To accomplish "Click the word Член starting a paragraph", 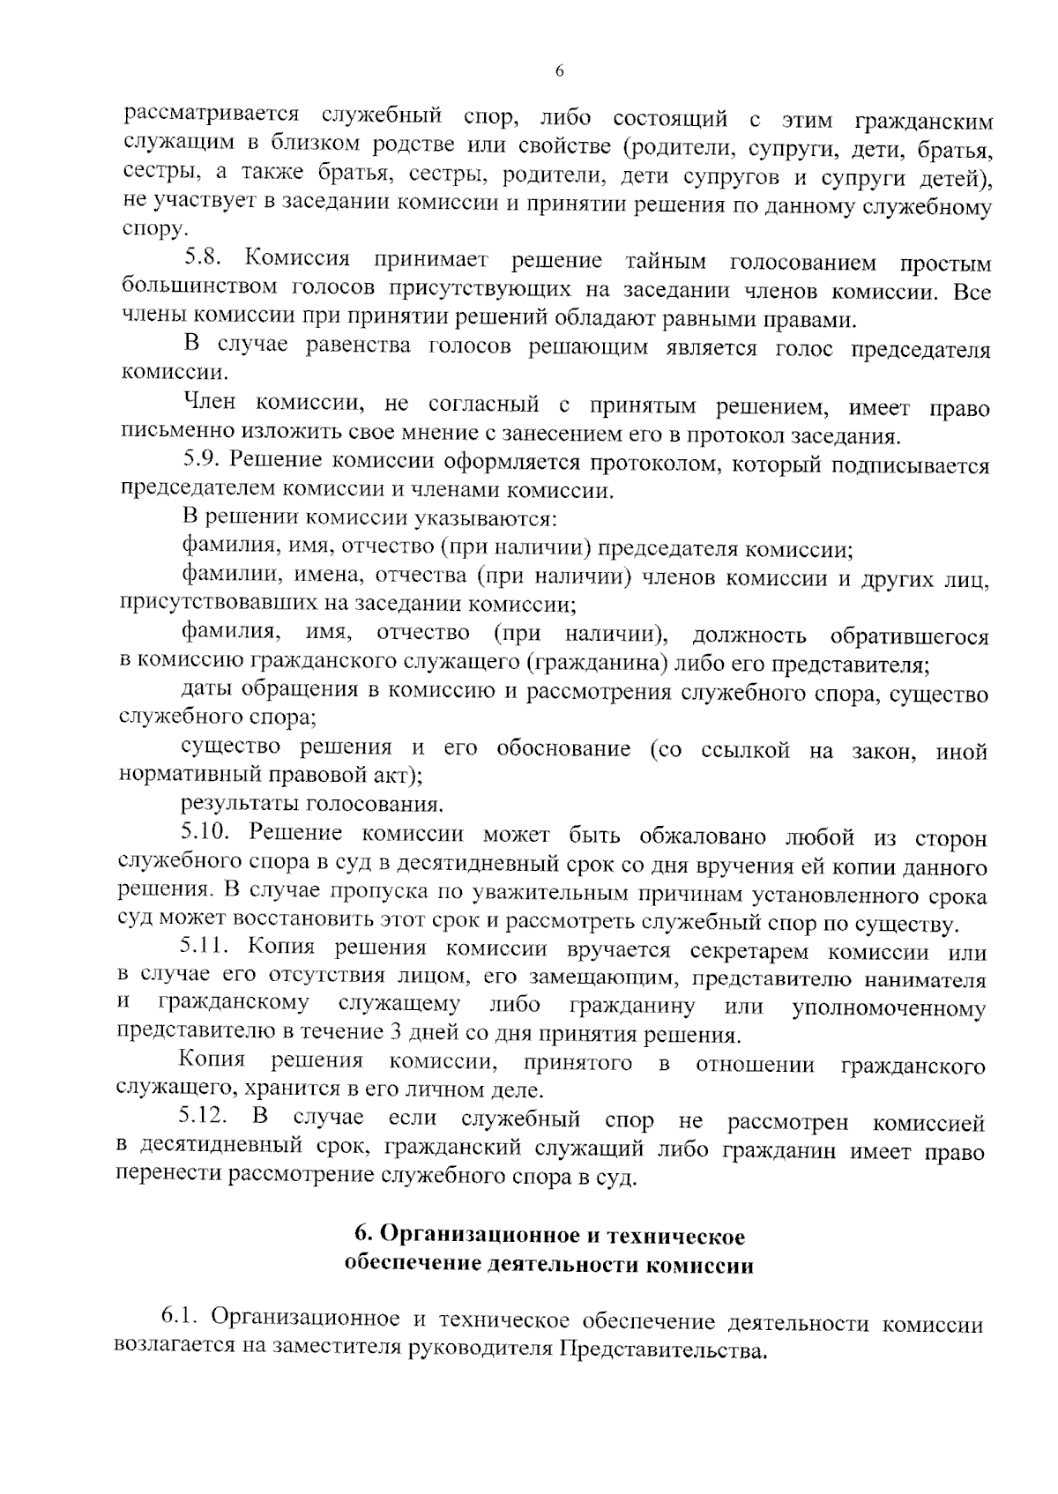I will click(210, 404).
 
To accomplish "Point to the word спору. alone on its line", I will click(153, 231).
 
